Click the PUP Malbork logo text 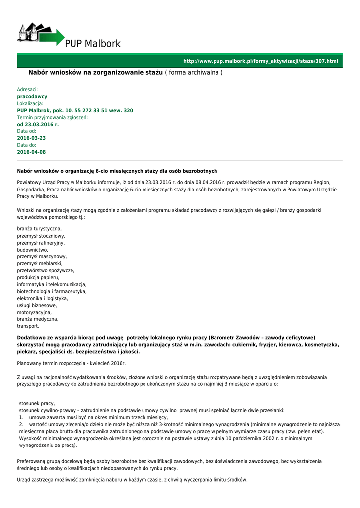click(92, 44)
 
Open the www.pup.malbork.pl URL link click(261, 61)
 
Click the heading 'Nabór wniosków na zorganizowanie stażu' click(95, 73)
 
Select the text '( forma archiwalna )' click(194, 73)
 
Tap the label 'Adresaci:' click(28, 89)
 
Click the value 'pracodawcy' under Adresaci click(32, 96)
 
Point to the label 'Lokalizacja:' click(30, 103)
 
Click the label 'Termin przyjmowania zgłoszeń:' click(53, 117)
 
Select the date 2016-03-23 click(31, 138)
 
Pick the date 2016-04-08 click(31, 152)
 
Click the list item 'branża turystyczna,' click(40, 228)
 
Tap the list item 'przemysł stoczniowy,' click(41, 236)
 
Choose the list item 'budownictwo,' click(33, 250)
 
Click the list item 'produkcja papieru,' click(38, 278)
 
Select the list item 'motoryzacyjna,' click(34, 313)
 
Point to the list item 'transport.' click(28, 326)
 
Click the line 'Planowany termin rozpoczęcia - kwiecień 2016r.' click(72, 363)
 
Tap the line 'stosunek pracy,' click(37, 403)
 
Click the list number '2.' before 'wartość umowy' click(21, 425)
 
